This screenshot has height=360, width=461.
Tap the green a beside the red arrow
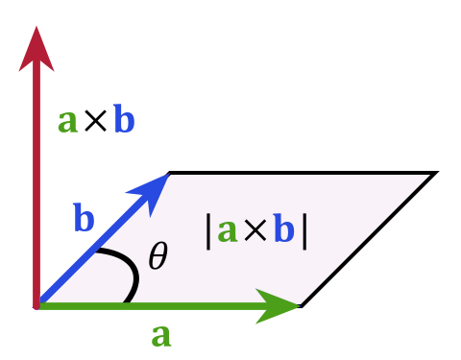tap(66, 122)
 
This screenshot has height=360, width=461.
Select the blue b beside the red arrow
tap(124, 121)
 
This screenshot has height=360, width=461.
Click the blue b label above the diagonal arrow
tap(84, 219)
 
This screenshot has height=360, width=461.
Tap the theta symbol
tap(158, 256)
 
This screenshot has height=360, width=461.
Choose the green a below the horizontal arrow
tap(161, 336)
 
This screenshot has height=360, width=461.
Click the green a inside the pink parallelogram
tap(228, 231)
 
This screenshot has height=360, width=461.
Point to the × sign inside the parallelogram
tap(255, 232)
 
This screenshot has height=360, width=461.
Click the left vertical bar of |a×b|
tap(209, 231)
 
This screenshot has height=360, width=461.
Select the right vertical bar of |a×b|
tap(304, 231)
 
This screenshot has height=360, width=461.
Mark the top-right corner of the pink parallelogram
tap(428, 176)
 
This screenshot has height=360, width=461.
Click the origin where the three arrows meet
tap(37, 306)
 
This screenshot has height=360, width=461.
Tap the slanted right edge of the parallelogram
tap(365, 240)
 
